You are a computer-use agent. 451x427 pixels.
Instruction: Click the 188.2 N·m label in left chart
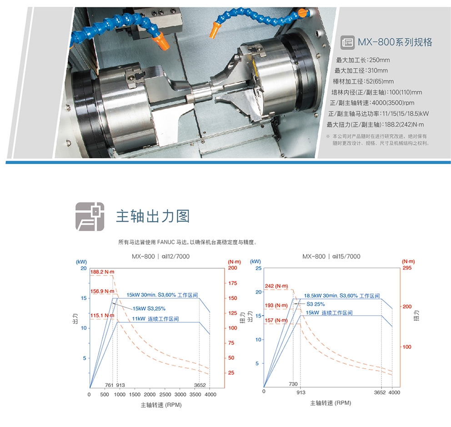(102, 272)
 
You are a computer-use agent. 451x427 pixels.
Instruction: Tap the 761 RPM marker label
(109, 385)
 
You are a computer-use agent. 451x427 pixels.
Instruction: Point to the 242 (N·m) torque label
(276, 286)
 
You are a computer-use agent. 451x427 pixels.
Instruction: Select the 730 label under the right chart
(293, 384)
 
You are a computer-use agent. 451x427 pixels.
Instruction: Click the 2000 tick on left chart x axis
(150, 394)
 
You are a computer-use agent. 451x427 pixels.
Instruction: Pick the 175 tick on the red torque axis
(233, 283)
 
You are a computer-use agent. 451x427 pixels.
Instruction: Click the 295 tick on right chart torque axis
(407, 268)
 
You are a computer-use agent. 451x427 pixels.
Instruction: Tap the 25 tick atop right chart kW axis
(259, 268)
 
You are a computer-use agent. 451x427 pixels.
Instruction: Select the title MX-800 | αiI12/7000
(161, 256)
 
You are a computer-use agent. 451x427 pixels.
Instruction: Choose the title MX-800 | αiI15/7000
(331, 256)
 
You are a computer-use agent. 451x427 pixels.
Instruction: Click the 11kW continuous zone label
(155, 319)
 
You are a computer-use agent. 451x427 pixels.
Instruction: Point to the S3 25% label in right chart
(316, 304)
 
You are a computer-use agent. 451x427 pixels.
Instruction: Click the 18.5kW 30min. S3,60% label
(342, 296)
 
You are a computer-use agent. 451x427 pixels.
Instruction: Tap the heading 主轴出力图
(153, 216)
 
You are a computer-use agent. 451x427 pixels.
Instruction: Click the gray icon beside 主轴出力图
(90, 216)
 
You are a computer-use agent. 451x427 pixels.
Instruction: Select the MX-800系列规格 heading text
(395, 42)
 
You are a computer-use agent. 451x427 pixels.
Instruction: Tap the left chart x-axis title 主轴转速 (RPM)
(161, 405)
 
